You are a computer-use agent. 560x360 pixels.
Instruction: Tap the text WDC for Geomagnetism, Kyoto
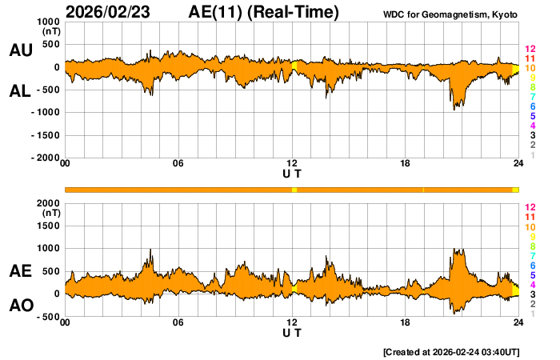450,15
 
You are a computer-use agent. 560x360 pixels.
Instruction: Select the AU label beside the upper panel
20,50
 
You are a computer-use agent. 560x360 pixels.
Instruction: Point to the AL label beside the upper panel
20,90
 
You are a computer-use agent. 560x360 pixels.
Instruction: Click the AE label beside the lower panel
20,271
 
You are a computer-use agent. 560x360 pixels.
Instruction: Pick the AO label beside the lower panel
20,305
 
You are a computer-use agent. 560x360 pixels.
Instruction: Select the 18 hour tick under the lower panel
406,322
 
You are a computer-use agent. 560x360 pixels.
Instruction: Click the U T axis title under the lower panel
292,333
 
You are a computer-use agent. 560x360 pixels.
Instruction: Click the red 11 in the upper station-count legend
530,58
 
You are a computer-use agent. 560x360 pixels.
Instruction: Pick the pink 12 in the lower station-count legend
530,207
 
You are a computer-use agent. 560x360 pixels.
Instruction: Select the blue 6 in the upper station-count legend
532,106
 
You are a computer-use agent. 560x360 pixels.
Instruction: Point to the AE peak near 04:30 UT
150,250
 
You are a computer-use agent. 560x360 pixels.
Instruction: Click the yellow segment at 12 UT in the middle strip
294,190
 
